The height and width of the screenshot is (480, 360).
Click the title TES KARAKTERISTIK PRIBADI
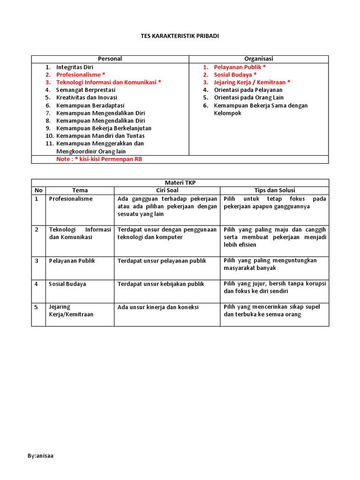pyautogui.click(x=180, y=36)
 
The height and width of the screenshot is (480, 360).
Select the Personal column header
pyautogui.click(x=110, y=59)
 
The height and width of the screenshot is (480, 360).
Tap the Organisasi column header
pyautogui.click(x=259, y=59)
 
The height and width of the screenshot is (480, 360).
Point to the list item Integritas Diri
pyautogui.click(x=75, y=67)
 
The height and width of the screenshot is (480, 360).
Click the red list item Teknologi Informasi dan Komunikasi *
pyautogui.click(x=109, y=82)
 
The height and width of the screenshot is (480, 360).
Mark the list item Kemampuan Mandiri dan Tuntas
pyautogui.click(x=100, y=136)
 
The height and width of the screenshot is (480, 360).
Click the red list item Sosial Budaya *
pyautogui.click(x=235, y=75)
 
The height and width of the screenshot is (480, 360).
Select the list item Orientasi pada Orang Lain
pyautogui.click(x=248, y=97)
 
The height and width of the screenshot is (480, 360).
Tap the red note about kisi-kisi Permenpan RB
pyautogui.click(x=99, y=159)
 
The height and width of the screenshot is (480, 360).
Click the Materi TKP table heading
pyautogui.click(x=180, y=183)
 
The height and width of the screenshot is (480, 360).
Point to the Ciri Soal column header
pyautogui.click(x=167, y=190)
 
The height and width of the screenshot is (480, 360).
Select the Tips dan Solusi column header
pyautogui.click(x=274, y=190)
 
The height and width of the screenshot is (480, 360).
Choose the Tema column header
pyautogui.click(x=80, y=190)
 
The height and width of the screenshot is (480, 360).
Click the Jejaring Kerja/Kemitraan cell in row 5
pyautogui.click(x=71, y=310)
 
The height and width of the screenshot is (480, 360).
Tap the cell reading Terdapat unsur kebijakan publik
pyautogui.click(x=162, y=284)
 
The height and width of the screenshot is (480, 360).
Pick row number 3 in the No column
pyautogui.click(x=37, y=261)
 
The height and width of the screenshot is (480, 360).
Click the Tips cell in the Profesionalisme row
pyautogui.click(x=275, y=202)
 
